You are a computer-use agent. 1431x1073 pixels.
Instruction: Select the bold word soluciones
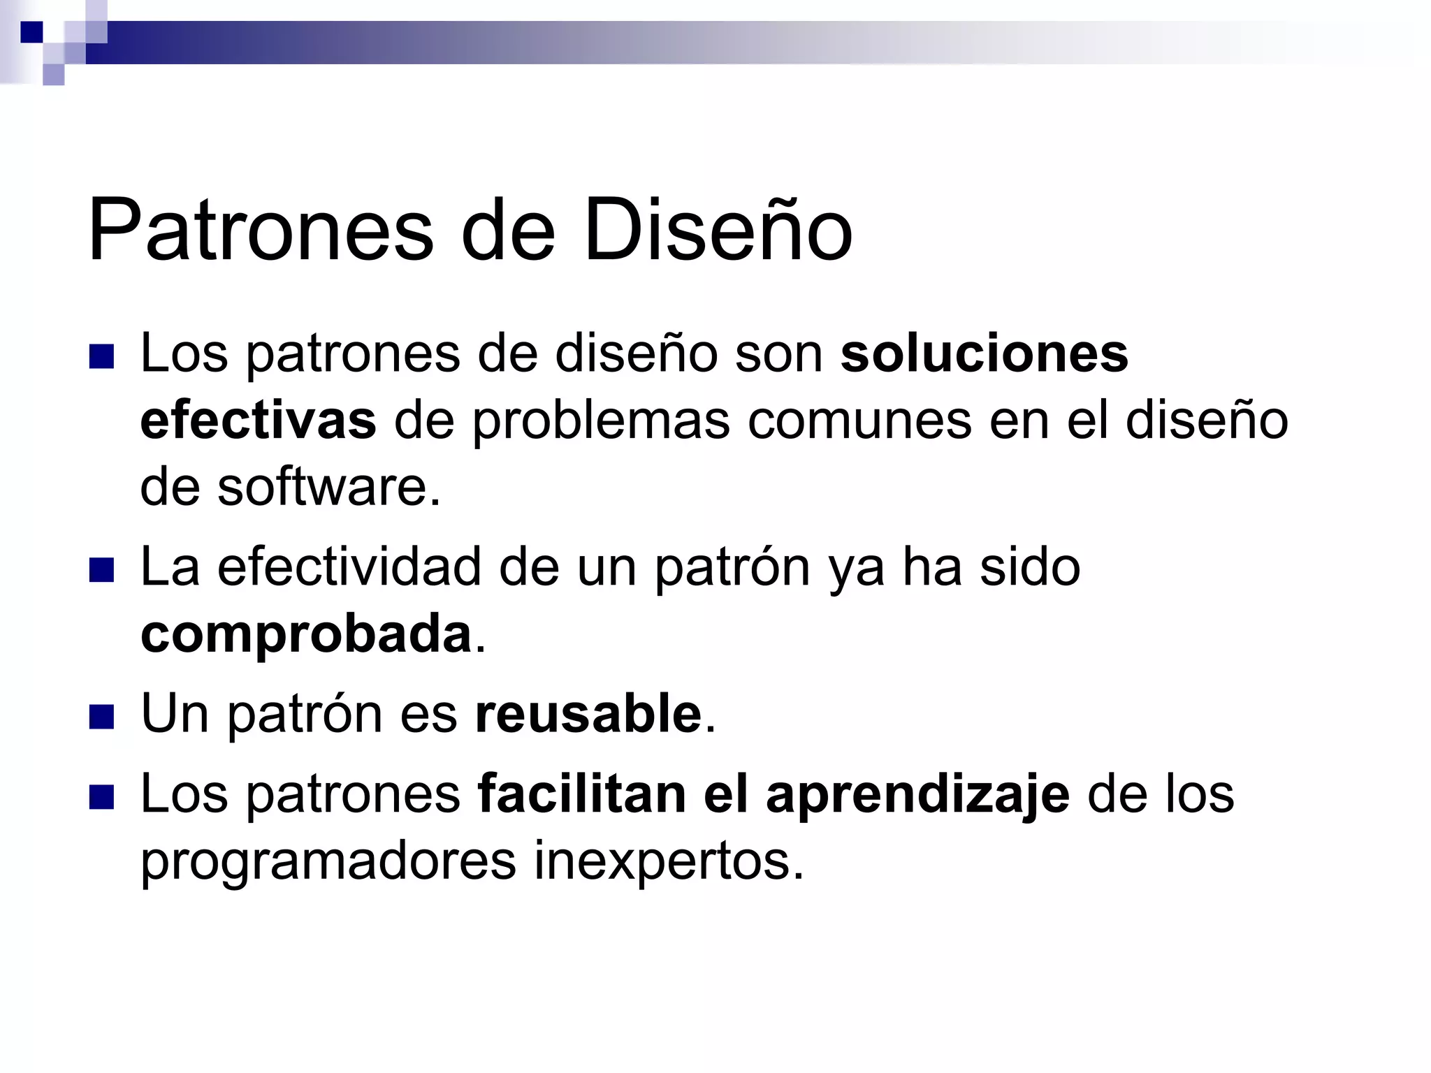tap(984, 353)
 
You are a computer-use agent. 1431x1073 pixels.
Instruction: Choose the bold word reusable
tap(588, 714)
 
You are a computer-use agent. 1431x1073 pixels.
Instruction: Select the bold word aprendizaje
tap(917, 795)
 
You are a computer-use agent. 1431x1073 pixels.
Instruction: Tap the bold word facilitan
tap(581, 794)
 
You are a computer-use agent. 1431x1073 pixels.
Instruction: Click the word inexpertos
tap(669, 861)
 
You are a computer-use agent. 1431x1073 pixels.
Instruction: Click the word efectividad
tap(349, 567)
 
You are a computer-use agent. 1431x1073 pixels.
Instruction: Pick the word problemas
tap(602, 422)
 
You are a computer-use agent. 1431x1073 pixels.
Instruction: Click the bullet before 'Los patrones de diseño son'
tap(102, 357)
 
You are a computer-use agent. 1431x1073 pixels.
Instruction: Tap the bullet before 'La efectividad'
tap(102, 571)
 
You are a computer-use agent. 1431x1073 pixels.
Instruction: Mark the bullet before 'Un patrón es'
tap(102, 717)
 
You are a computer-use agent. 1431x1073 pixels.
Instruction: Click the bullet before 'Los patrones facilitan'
tap(102, 798)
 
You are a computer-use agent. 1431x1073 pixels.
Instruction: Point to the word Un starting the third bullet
tap(175, 714)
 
